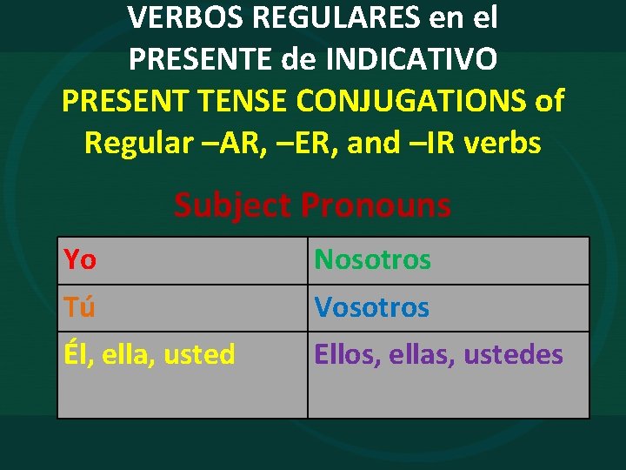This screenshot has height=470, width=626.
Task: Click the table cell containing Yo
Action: [x=182, y=260]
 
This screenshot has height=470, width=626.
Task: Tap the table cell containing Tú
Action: [x=182, y=307]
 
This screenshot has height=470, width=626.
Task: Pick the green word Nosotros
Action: [x=372, y=259]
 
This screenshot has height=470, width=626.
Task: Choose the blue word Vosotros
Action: [x=371, y=307]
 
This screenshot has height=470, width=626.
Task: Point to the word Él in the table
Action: [x=74, y=354]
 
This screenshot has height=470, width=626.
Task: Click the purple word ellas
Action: [x=421, y=354]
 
